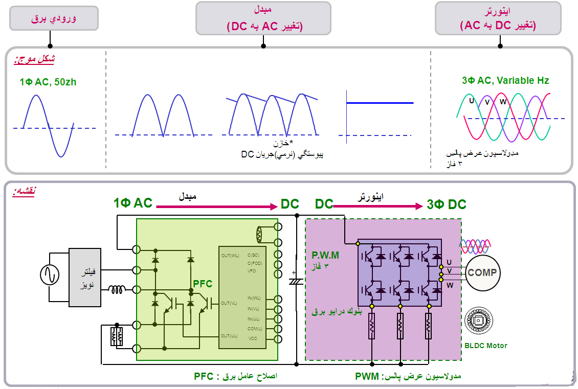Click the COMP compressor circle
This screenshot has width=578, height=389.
[482, 273]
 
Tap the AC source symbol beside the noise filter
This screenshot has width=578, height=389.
[50, 275]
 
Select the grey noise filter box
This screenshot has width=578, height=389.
[85, 277]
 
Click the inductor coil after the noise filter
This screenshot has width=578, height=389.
[117, 290]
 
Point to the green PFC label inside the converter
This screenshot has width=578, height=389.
[203, 283]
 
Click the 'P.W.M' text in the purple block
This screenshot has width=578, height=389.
[325, 255]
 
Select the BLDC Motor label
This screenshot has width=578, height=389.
[486, 346]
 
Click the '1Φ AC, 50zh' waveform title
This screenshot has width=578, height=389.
[48, 82]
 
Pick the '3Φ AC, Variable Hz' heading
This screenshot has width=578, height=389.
[505, 81]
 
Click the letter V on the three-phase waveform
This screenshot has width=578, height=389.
[487, 101]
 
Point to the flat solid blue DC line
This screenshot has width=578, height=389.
[380, 103]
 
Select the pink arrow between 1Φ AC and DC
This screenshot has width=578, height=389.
[216, 207]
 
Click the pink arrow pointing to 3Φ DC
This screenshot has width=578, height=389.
[379, 207]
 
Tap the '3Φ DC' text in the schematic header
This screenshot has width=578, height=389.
[447, 205]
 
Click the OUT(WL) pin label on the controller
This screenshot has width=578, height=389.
[230, 255]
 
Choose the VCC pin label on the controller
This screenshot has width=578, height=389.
[253, 339]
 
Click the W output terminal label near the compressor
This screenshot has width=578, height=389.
[450, 285]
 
